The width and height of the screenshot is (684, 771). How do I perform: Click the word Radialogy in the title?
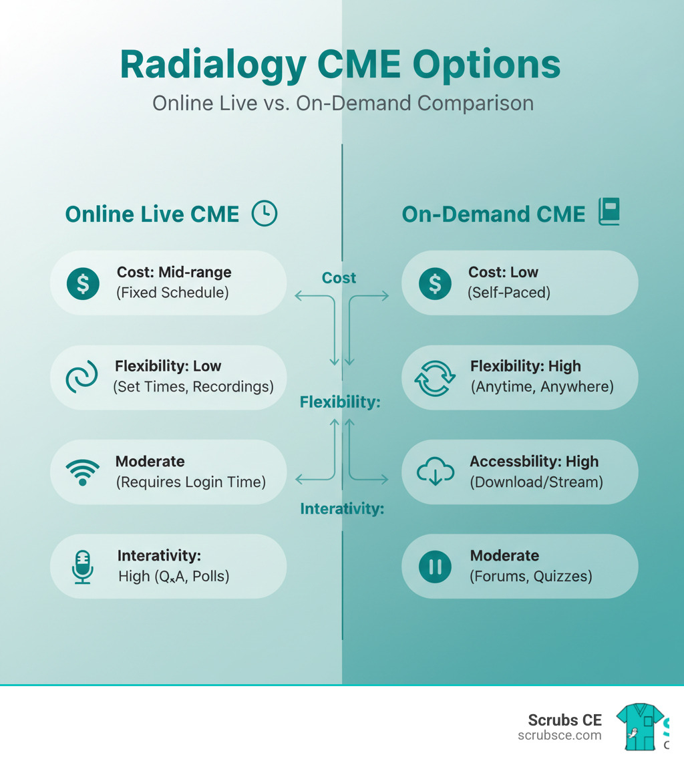point(212,66)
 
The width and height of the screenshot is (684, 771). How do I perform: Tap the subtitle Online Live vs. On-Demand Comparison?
point(343,104)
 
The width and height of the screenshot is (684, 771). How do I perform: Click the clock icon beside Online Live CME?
point(264,214)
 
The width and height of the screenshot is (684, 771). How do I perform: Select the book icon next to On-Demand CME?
point(609,212)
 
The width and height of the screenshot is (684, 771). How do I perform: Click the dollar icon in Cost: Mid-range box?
point(82,283)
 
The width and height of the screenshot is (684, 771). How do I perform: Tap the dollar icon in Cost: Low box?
point(434,283)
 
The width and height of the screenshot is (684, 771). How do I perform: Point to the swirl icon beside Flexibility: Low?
point(81,377)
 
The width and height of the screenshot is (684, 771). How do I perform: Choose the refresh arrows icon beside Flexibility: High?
point(435,377)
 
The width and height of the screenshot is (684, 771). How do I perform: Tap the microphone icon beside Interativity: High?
point(82,567)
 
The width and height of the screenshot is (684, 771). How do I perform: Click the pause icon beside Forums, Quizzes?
point(435,567)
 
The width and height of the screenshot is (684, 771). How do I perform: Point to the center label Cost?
point(339,278)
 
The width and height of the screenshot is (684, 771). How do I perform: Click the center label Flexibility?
point(340,402)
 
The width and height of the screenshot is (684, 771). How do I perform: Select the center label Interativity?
point(342,509)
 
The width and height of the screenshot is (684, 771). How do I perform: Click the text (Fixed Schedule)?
point(173,293)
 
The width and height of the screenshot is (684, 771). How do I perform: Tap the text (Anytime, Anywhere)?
point(542,386)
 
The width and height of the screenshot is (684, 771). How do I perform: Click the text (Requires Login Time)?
point(191,481)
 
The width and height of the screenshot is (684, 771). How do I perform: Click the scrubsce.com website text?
point(559,736)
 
